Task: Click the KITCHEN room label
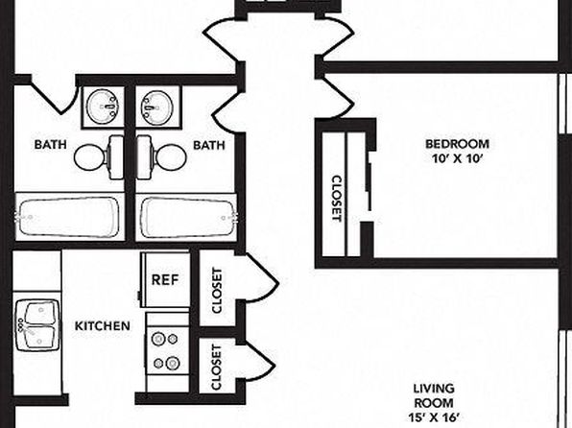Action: click(x=103, y=326)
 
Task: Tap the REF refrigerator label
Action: click(x=165, y=280)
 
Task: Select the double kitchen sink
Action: click(x=37, y=324)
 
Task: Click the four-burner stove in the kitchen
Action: click(x=167, y=350)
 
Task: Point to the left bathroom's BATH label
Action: click(x=50, y=145)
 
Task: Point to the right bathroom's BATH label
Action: click(x=209, y=145)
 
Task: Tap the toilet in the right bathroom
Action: click(x=161, y=157)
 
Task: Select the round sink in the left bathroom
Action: click(x=103, y=107)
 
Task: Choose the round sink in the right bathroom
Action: click(x=157, y=107)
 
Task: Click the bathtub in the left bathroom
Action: click(x=68, y=217)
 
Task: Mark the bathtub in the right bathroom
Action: click(x=186, y=217)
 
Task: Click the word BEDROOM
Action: click(x=458, y=144)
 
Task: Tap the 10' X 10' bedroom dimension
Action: click(x=458, y=158)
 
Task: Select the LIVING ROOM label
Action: click(x=434, y=395)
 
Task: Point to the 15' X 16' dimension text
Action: click(x=434, y=417)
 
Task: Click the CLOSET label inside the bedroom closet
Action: click(x=336, y=199)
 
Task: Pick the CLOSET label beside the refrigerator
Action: click(x=217, y=291)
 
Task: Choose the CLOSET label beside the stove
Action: click(x=216, y=368)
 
